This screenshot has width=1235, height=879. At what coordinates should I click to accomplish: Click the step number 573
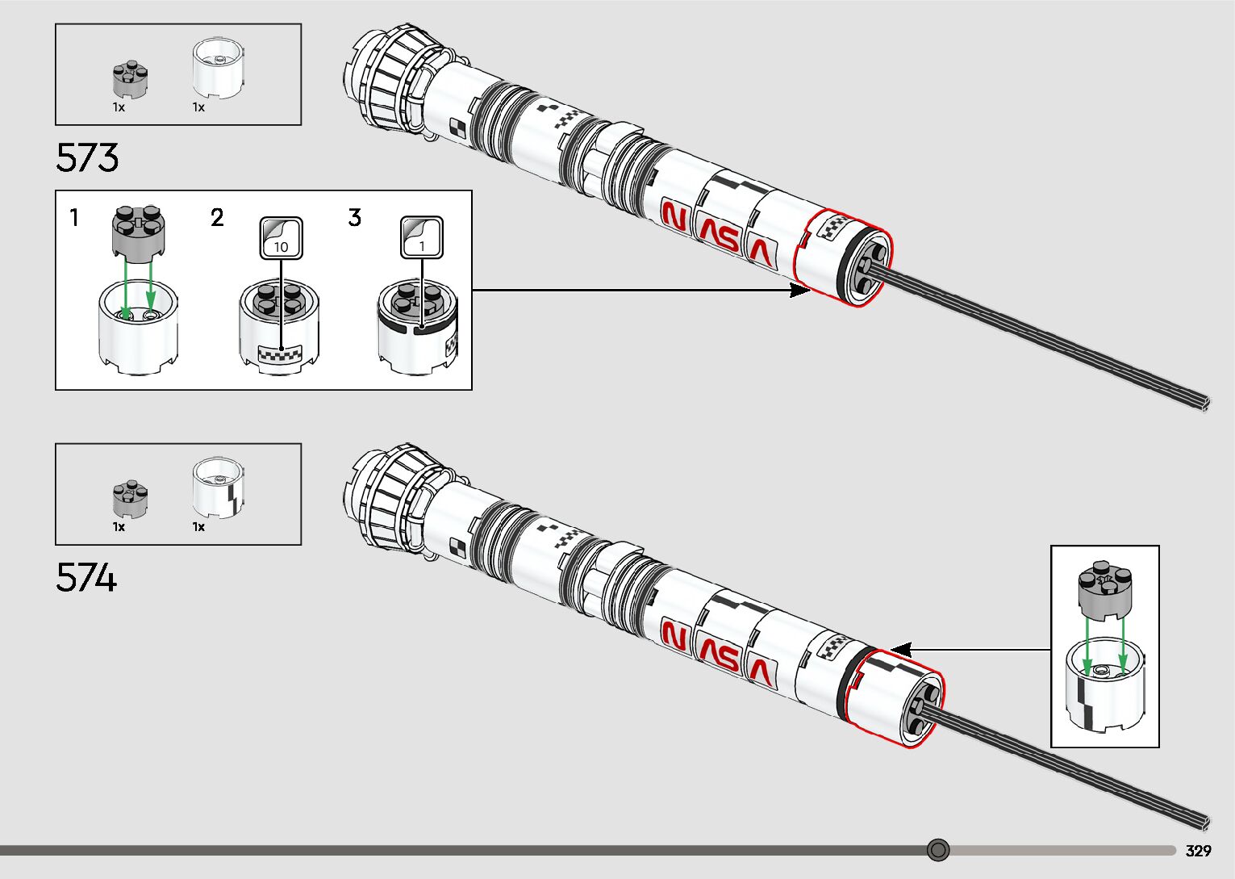87,157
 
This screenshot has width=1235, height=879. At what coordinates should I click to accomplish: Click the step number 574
86,578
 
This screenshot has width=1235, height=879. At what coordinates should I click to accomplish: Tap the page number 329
1199,851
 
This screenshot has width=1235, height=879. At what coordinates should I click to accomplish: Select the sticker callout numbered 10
281,238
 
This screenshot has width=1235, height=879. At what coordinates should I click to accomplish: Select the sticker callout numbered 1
422,238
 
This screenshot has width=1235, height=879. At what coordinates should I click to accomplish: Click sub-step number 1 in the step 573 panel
74,218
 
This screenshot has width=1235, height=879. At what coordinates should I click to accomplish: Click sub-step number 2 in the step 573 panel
217,218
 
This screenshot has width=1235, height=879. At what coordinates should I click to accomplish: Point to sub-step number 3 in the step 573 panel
355,218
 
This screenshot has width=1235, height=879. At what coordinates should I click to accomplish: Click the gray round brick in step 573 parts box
129,79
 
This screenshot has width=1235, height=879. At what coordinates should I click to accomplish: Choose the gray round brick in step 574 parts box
130,499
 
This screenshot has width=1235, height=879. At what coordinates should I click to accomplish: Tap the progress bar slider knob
937,850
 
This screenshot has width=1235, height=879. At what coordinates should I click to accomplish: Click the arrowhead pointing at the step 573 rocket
801,291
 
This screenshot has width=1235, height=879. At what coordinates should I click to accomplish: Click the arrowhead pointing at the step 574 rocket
901,650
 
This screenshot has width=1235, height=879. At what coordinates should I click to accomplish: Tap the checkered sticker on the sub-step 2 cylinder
279,353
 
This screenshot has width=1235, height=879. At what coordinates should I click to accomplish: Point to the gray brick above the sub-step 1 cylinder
138,234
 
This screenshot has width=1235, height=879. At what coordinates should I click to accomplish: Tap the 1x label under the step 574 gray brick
119,527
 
